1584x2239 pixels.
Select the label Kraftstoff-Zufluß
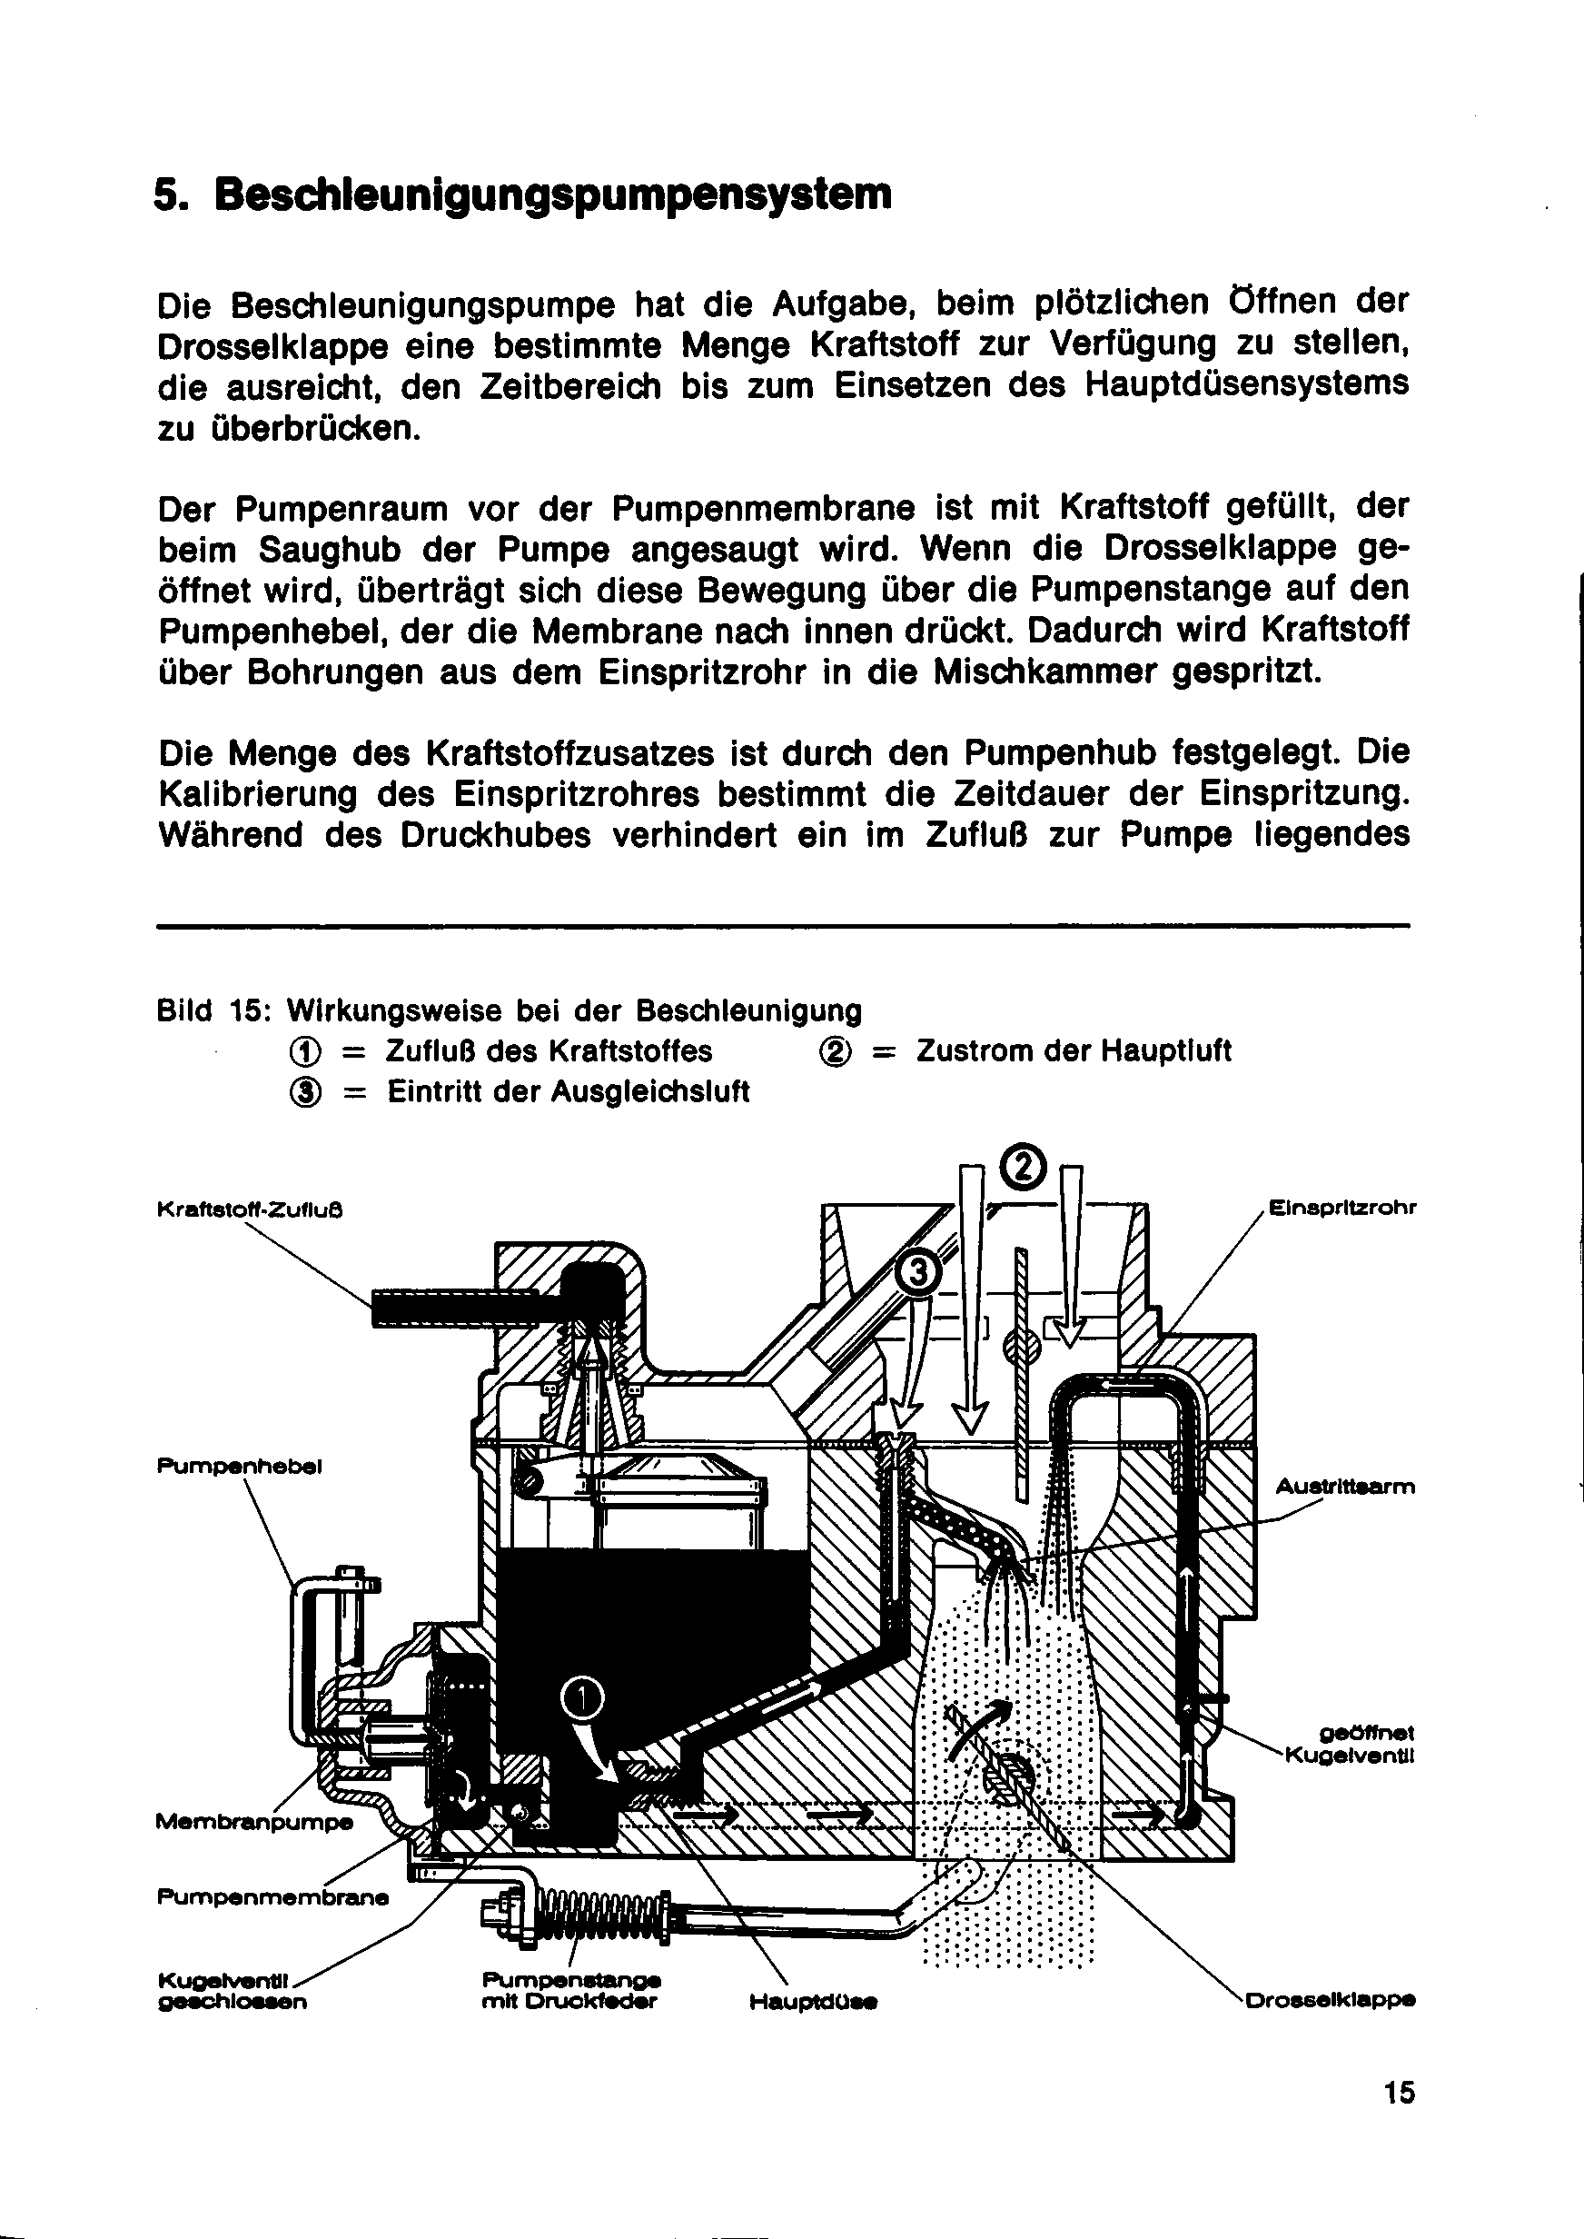250,1210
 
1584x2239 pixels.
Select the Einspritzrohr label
1342,1208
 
